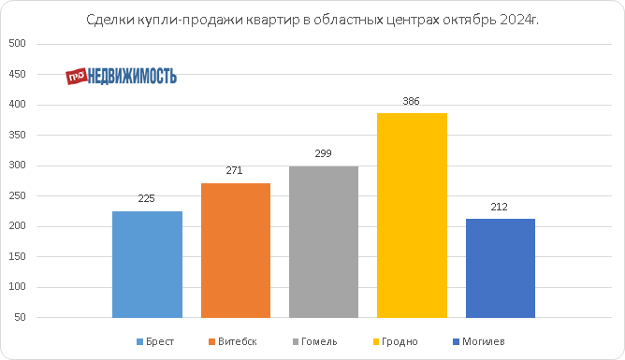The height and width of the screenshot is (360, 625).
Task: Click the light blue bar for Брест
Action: point(147,265)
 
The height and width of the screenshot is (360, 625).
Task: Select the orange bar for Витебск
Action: point(236,251)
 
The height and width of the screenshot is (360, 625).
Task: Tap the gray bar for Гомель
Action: point(324,242)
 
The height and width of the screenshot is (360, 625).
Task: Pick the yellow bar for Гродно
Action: point(412,215)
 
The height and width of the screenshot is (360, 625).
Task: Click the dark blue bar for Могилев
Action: point(501,268)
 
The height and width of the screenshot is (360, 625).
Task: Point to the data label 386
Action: point(411,101)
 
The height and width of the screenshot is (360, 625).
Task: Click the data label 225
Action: point(146,198)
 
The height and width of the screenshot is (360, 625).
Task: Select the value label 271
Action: point(234,170)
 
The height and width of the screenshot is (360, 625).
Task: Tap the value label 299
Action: point(323,153)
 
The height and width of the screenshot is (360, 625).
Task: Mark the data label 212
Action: point(499,207)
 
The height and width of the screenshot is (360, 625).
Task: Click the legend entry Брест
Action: point(155,341)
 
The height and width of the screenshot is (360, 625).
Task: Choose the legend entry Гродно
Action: point(395,341)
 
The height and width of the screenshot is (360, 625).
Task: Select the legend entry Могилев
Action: point(479,341)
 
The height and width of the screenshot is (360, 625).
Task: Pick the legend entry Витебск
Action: point(232,341)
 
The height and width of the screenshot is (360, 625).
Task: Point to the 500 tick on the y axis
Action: point(17,43)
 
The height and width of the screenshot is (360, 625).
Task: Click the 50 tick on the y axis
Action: point(20,317)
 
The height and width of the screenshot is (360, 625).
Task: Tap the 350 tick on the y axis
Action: point(17,135)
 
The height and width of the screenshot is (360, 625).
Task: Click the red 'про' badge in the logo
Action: point(76,76)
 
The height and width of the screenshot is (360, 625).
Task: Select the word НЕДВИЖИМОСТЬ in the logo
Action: point(132,76)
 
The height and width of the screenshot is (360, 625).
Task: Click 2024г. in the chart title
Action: point(518,20)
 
